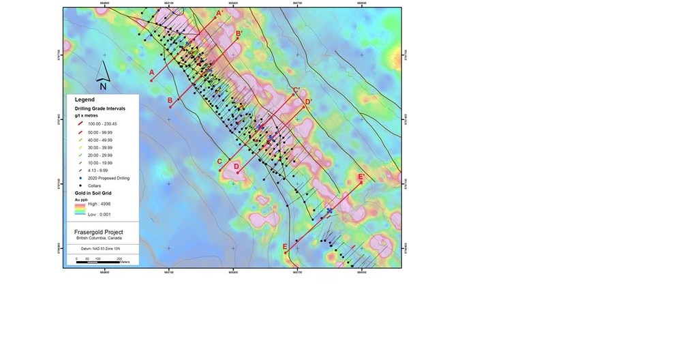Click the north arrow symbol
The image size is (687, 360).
tap(102, 75)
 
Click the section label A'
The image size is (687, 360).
tap(219, 13)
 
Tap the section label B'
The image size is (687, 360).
tap(239, 33)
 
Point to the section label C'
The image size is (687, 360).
tap(296, 90)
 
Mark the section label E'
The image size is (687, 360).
tap(361, 177)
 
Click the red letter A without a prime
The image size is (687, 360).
tap(151, 72)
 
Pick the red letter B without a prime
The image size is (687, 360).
tap(170, 101)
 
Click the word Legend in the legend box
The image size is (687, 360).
tap(85, 100)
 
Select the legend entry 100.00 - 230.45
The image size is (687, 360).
tap(102, 123)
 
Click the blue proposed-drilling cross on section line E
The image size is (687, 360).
tap(330, 211)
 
